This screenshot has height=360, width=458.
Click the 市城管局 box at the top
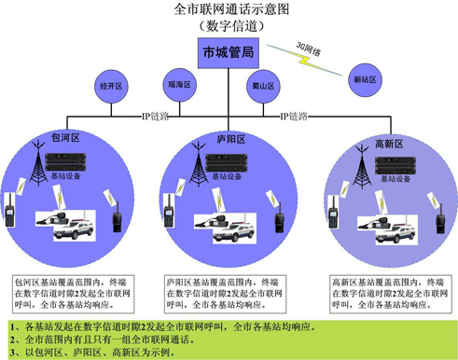click(229, 54)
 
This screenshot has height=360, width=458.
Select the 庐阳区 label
click(229, 139)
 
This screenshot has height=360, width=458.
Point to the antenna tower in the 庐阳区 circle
click(197, 169)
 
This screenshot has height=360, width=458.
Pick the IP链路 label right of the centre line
click(295, 118)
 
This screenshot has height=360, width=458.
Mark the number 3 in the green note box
click(10, 353)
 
